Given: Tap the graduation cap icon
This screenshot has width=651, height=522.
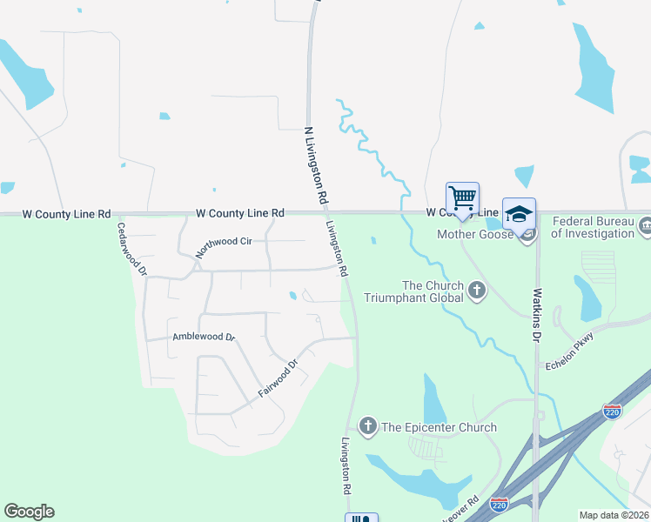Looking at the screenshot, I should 519,214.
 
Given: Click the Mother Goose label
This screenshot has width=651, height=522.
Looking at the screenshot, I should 475,234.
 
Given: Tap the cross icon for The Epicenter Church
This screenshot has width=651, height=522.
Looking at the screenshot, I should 367,426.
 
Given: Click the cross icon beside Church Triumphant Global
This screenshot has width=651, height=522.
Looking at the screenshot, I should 476,290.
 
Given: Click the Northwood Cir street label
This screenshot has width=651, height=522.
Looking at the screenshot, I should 224,242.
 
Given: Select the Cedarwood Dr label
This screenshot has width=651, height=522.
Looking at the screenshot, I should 132,249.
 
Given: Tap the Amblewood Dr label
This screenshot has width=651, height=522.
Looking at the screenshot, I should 204,337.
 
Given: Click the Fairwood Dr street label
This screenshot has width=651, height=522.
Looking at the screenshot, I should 278,380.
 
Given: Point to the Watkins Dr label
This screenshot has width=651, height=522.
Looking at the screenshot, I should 537,315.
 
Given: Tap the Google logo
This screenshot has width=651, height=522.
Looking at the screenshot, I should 29,512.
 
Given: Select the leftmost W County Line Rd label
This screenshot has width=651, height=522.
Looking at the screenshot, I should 66,213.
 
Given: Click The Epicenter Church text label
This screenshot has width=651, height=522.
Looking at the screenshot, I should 439,427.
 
